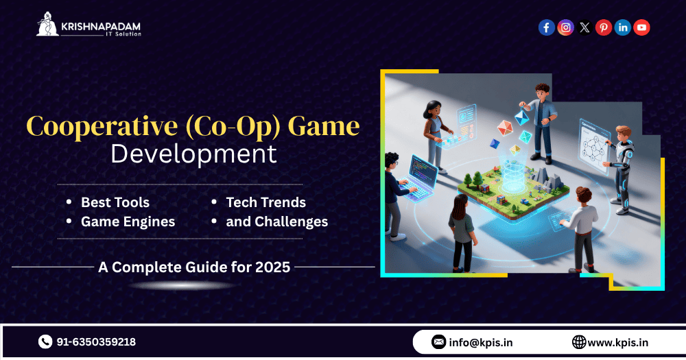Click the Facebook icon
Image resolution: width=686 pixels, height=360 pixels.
[547, 27]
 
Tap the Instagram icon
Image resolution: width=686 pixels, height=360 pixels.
[566, 27]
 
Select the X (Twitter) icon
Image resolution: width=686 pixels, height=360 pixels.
[584, 27]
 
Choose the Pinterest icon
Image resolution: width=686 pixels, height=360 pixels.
[604, 27]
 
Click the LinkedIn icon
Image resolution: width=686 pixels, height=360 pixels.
[623, 27]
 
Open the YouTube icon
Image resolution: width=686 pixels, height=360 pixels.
[642, 27]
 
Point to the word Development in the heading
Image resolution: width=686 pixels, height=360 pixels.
[194, 154]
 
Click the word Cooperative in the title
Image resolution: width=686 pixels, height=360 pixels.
[102, 127]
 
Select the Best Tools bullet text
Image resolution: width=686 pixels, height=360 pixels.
[115, 202]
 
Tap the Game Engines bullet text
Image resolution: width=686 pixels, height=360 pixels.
[128, 221]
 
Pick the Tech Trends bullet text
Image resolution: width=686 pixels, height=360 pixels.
[266, 202]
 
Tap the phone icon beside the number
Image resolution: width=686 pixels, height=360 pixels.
[45, 341]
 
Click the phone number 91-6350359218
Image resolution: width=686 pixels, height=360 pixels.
[96, 342]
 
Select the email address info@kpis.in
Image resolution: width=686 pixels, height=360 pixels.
[481, 342]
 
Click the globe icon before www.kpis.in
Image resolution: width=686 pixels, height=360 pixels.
[579, 342]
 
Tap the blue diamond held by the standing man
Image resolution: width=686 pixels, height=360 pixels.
[521, 117]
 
